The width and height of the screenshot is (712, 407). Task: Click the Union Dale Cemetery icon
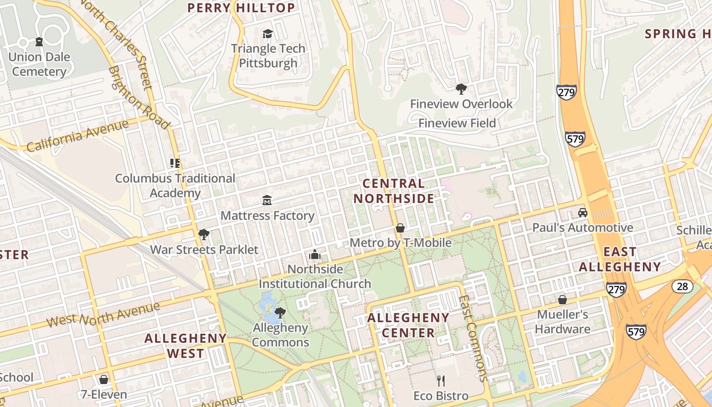click(x=39, y=42)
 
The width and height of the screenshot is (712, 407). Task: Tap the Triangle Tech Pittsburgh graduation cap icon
click(x=268, y=34)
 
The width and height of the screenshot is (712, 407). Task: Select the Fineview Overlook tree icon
click(x=461, y=89)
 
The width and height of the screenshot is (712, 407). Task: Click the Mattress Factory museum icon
click(x=266, y=200)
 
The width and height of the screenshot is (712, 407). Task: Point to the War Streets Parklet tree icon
click(x=204, y=235)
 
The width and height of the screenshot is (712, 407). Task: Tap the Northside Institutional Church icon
click(x=315, y=254)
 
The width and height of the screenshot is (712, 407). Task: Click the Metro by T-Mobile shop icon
click(x=400, y=227)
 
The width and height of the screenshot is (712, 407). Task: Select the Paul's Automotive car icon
click(x=582, y=213)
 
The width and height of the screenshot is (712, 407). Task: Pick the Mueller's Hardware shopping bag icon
click(x=562, y=299)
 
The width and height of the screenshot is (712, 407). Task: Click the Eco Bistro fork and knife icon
click(x=441, y=381)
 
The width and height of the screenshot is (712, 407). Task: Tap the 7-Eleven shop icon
click(x=104, y=380)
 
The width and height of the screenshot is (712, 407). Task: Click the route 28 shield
click(x=682, y=286)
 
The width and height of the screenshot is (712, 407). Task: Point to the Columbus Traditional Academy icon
click(x=175, y=163)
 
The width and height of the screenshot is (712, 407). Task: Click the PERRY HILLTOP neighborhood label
click(x=241, y=8)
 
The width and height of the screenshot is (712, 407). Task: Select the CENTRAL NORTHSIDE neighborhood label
click(x=394, y=191)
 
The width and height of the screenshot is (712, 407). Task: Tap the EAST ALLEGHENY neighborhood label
click(x=619, y=259)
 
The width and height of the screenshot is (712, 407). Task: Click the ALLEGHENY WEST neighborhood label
click(x=185, y=345)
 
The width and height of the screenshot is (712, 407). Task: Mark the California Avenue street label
click(x=77, y=136)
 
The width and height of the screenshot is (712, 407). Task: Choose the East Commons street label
click(x=473, y=338)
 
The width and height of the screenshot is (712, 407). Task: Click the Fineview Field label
click(x=457, y=123)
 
